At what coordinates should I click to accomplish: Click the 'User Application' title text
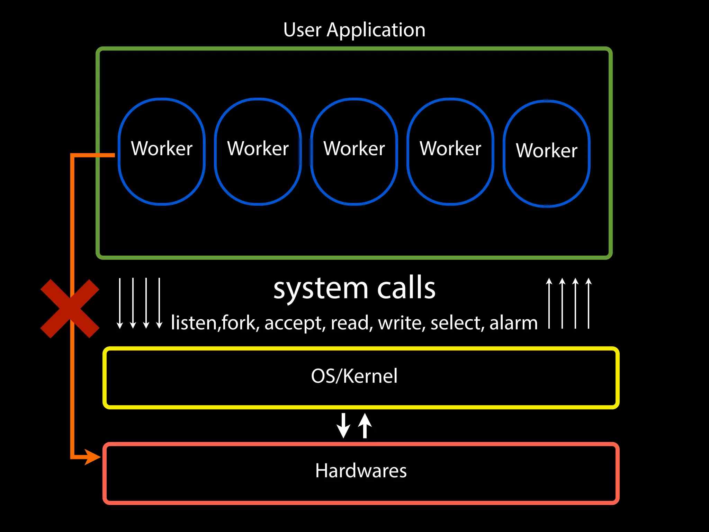[x=354, y=30]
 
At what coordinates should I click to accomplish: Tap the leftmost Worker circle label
[x=162, y=149]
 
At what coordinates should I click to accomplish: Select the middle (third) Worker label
[x=354, y=149]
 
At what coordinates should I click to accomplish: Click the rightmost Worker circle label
[x=547, y=150]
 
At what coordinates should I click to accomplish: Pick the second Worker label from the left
[x=258, y=149]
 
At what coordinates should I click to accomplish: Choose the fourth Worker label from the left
[x=450, y=149]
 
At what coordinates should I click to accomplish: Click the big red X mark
[x=70, y=308]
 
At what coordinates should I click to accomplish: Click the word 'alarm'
[x=513, y=323]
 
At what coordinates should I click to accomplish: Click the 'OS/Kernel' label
[x=354, y=376]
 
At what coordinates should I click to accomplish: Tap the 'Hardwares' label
[x=361, y=471]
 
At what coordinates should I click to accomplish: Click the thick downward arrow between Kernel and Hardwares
[x=343, y=426]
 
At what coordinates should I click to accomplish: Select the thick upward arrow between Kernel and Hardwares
[x=365, y=426]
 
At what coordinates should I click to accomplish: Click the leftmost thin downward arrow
[x=120, y=303]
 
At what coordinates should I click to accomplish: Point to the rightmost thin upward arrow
[x=589, y=303]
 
